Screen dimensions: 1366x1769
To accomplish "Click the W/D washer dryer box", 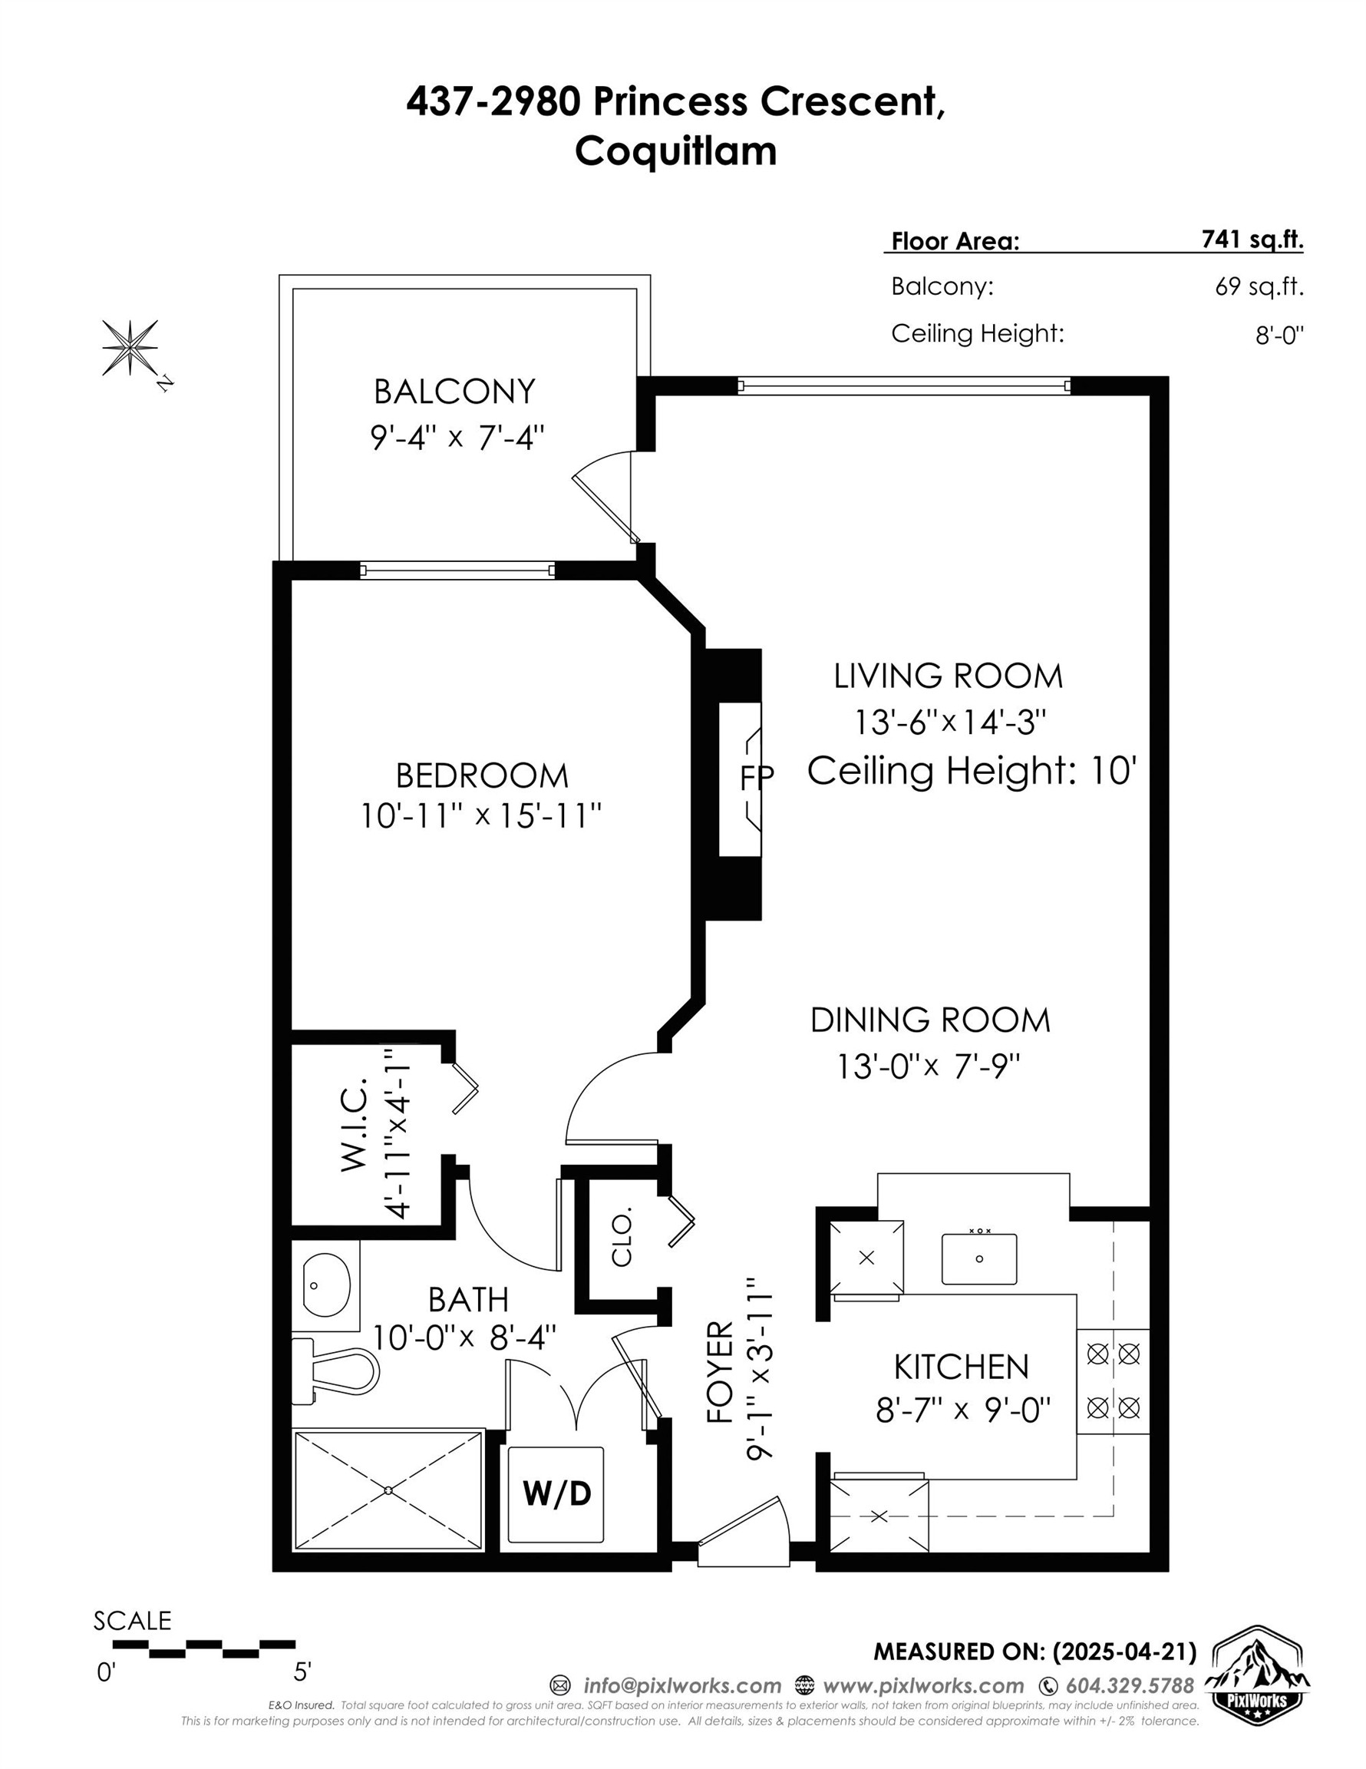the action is pos(556,1493).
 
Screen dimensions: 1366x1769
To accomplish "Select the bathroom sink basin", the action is pos(326,1285).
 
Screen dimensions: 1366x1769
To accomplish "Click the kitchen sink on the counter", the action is pos(979,1258).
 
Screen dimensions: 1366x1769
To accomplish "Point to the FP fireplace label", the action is pos(756,778).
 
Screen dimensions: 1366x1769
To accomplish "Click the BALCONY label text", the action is pos(454,392).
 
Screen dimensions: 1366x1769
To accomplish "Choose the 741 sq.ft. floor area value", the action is pos(1252,239).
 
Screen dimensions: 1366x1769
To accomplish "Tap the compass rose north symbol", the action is pos(130,347).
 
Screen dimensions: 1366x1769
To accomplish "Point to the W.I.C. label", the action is pos(354,1124).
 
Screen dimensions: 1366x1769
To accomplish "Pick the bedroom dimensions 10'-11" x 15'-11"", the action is pos(481,815).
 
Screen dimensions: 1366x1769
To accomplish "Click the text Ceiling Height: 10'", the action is pos(972,770).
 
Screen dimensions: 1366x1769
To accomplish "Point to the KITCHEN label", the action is pos(961,1367).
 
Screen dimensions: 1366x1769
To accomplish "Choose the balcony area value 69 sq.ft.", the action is pos(1259,286).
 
